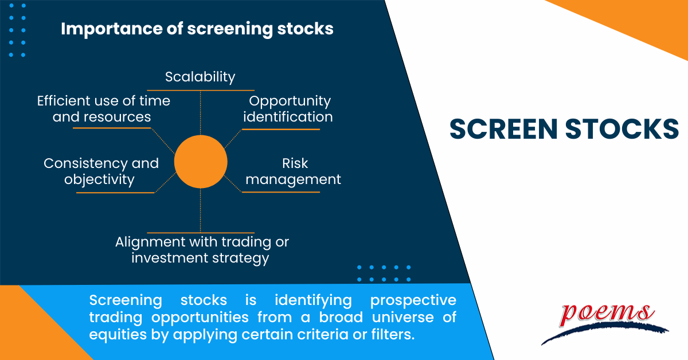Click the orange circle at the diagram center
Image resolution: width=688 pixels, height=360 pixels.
201,162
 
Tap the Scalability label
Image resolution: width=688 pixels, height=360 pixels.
200,77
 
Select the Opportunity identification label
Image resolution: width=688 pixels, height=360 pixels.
288,109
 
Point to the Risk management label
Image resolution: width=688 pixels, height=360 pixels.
294,171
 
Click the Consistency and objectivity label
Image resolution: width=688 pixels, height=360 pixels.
101,171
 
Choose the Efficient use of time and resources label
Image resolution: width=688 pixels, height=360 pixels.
104,109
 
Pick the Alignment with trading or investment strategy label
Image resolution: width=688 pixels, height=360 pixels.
202,250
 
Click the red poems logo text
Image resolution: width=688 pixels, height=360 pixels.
607,314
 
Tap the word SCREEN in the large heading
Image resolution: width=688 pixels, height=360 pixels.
503,129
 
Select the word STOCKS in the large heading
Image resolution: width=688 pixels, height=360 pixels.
622,129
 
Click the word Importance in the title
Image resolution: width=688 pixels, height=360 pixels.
111,29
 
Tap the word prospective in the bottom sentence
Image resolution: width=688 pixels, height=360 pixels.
413,301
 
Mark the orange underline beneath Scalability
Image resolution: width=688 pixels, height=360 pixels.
201,91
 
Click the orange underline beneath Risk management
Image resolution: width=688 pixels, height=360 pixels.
281,192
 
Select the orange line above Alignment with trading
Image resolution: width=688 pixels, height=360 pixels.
201,233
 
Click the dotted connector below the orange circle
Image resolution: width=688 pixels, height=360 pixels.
201,210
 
